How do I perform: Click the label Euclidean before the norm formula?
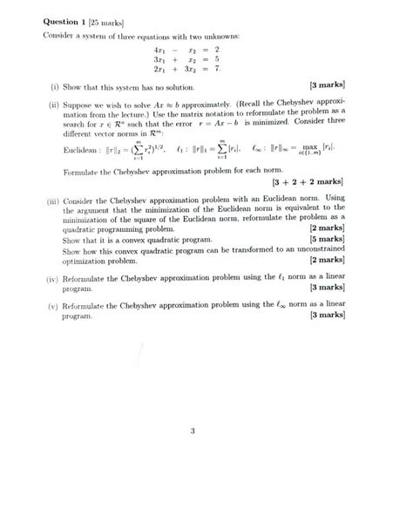tap(80, 149)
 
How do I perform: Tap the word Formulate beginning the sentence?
tap(83, 172)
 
